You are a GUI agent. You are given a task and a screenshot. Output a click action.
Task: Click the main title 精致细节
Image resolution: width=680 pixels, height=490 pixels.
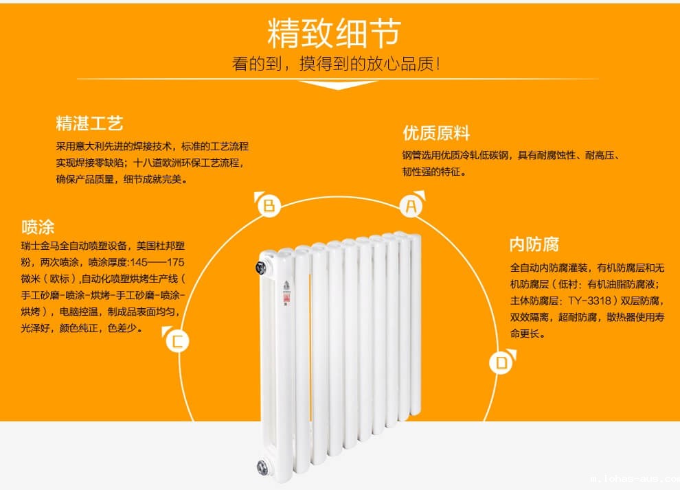tap(335, 32)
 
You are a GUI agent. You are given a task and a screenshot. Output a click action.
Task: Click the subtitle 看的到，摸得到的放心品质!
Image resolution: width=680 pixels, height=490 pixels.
tap(336, 65)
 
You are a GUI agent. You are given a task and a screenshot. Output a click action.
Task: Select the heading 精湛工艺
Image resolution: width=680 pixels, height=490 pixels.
tap(89, 124)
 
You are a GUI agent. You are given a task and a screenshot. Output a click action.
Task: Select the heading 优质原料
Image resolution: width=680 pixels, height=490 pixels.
tap(436, 133)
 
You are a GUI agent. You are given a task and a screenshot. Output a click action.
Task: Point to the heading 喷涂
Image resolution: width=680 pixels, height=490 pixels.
tap(38, 227)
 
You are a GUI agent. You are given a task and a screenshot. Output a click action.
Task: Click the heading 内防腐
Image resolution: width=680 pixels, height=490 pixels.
tap(534, 244)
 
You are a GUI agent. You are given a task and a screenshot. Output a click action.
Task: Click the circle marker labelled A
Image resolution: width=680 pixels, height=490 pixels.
tap(411, 205)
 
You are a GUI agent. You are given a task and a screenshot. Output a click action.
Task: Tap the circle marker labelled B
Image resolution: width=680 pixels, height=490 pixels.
tap(269, 205)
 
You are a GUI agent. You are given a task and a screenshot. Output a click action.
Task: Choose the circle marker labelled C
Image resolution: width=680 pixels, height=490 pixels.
tap(177, 340)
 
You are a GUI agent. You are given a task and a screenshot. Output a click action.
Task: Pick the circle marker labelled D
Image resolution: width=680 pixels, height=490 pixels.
tap(501, 362)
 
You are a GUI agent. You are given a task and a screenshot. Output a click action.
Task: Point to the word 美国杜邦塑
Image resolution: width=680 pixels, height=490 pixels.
tap(161, 246)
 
